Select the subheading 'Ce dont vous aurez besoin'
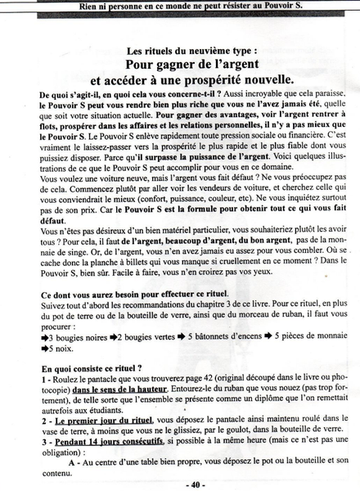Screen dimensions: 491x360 coord(123,293)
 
